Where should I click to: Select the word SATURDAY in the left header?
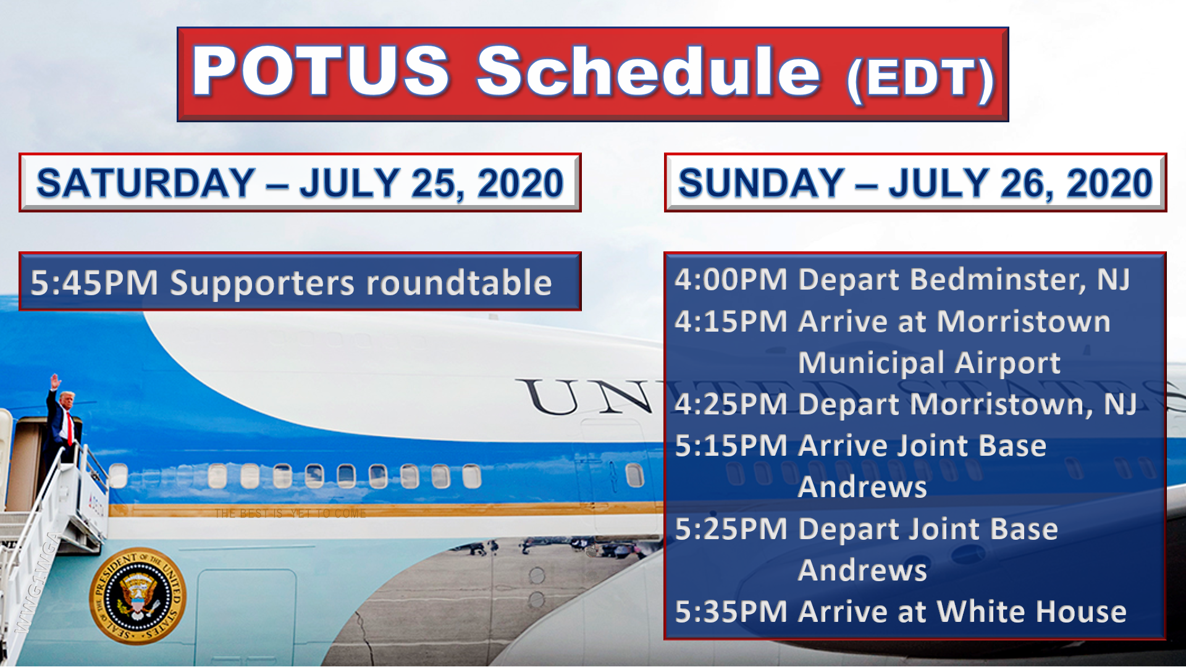point(146,183)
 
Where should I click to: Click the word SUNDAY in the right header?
point(761,183)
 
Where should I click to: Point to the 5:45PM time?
point(95,283)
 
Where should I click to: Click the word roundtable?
point(459,283)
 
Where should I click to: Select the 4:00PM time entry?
point(731,279)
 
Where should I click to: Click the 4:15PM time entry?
point(731,321)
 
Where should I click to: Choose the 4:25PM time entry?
point(731,405)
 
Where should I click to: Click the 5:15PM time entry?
point(731,446)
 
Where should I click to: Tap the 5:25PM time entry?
point(731,529)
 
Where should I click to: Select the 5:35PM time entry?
point(731,612)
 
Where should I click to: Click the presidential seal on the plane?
point(138,596)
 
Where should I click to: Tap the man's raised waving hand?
point(55,380)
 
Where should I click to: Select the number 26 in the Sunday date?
point(1023,184)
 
